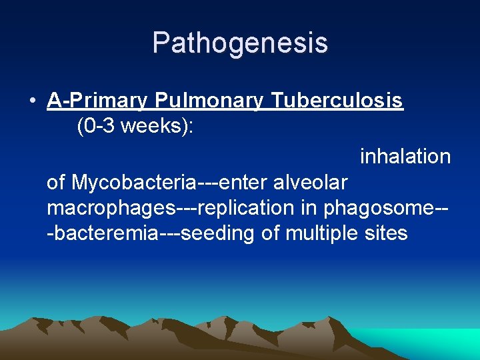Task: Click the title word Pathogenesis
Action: coord(240,43)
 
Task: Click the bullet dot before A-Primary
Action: coord(32,101)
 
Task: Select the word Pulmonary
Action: coord(210,101)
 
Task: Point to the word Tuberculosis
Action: coord(337,101)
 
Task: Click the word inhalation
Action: coord(405,157)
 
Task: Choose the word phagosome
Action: coord(379,208)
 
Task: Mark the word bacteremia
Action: coord(99,233)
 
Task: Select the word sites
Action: coord(386,233)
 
